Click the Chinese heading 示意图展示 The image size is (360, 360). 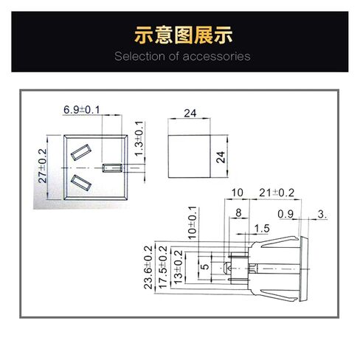(183, 35)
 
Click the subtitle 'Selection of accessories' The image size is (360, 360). (182, 56)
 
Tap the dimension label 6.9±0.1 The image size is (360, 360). (82, 110)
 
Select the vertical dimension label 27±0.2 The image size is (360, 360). (43, 166)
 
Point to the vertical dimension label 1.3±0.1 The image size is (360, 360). (139, 139)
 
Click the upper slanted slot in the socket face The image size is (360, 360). (81, 153)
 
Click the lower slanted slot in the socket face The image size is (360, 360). (81, 183)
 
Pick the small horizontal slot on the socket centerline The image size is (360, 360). (112, 168)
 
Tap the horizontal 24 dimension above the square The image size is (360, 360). (190, 114)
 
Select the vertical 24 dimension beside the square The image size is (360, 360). (221, 157)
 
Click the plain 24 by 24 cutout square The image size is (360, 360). (190, 156)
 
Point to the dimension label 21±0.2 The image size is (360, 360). (277, 193)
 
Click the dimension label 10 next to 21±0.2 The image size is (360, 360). (238, 193)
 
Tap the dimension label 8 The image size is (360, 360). (238, 213)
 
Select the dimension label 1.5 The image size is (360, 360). (262, 229)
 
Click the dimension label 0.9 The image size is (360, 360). (285, 214)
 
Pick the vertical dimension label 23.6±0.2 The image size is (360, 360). (148, 267)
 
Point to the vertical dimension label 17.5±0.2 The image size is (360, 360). (163, 267)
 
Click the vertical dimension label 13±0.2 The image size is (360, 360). (179, 267)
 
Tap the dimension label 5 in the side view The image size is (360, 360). (205, 266)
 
